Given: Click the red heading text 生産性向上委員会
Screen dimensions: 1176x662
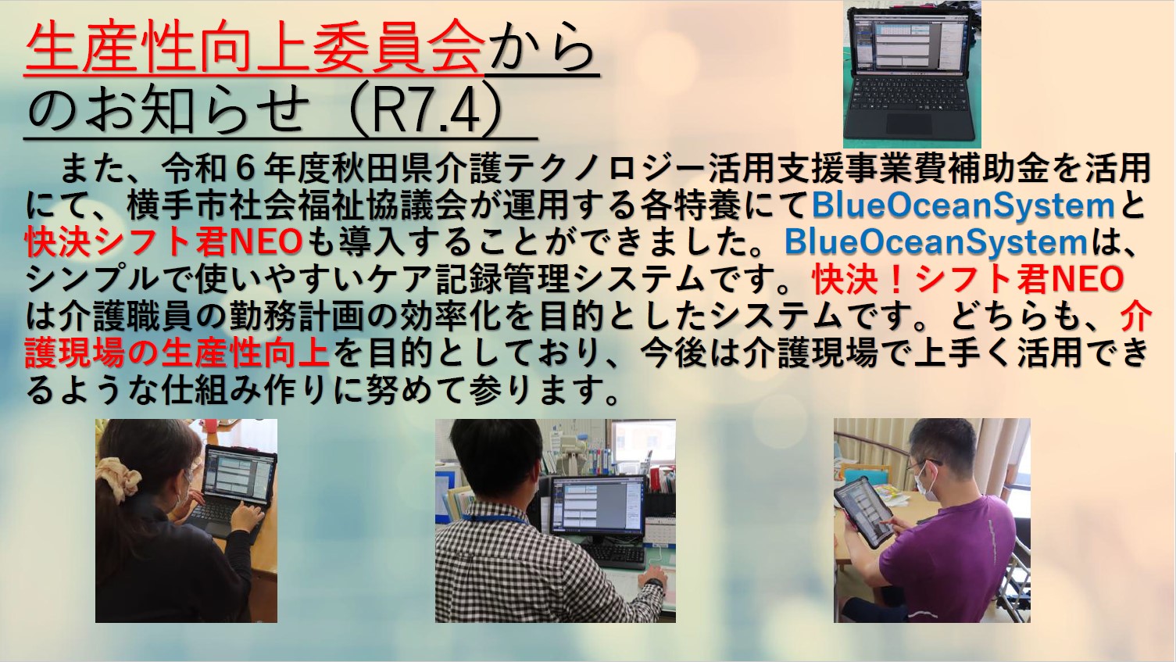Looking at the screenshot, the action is click(255, 47).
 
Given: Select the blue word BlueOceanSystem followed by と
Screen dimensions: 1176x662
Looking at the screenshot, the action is click(963, 205).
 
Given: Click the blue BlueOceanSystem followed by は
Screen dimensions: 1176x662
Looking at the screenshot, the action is click(935, 242).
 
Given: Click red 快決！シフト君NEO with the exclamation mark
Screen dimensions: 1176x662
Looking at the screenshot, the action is click(967, 279).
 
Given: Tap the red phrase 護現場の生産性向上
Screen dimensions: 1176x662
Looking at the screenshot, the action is click(177, 352).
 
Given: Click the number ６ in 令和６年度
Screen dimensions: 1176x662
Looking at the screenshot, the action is click(241, 169).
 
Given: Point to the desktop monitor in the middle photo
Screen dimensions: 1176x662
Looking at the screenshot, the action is click(597, 505).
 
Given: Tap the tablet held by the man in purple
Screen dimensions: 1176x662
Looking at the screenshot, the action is click(863, 512).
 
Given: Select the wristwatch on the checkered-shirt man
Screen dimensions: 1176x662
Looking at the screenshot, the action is click(656, 584).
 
